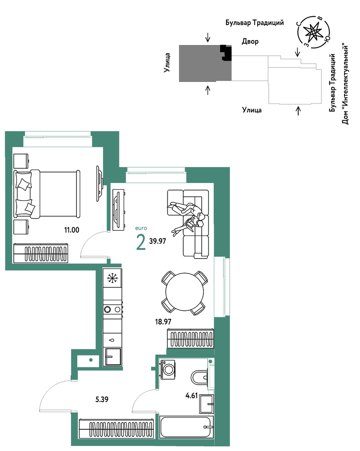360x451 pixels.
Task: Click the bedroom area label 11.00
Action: (72, 230)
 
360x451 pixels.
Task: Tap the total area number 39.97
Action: (157, 241)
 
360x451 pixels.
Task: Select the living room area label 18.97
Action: (163, 322)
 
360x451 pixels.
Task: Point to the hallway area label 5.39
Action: (102, 399)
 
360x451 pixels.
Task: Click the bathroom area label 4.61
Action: (192, 395)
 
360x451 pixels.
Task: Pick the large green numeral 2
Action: (141, 243)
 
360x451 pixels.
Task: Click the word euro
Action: (141, 228)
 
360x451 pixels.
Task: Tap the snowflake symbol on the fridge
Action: (112, 278)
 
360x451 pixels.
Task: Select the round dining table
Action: (185, 292)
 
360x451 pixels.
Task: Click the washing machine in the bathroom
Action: (168, 369)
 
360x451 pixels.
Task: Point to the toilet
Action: (200, 377)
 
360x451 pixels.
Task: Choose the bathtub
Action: (187, 427)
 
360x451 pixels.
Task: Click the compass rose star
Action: (313, 32)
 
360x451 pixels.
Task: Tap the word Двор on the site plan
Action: (250, 41)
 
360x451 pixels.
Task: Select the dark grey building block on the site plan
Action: (205, 63)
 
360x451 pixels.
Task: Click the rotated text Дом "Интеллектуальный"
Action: (345, 84)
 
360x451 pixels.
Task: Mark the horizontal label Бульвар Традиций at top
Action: (255, 23)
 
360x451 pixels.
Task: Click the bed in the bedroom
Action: (47, 194)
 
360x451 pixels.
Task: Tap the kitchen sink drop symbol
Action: (112, 340)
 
